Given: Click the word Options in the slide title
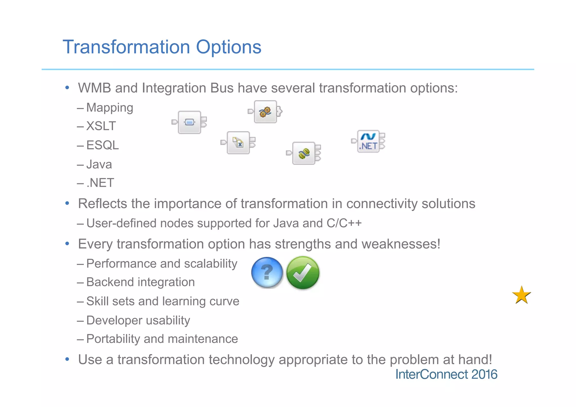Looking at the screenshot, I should (228, 47).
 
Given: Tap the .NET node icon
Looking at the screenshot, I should (368, 141).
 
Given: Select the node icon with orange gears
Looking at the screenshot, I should (265, 112).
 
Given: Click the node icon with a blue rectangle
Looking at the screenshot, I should (189, 122).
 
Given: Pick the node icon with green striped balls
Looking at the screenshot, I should (304, 153).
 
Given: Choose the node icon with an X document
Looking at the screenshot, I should (238, 143).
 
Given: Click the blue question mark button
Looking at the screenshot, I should (267, 273).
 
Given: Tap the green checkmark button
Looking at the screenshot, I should (303, 273).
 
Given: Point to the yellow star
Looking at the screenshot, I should (521, 295).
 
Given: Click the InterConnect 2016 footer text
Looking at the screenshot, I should (446, 374).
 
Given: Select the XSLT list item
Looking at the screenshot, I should (101, 126).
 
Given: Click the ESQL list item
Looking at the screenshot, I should (102, 145).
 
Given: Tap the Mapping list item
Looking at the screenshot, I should (109, 108).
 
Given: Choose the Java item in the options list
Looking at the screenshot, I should (99, 164).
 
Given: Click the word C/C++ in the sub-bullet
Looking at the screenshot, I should (344, 223).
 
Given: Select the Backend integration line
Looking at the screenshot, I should (140, 282).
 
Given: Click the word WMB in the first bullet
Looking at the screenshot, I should (94, 88).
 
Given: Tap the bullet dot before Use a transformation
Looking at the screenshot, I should (67, 359).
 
